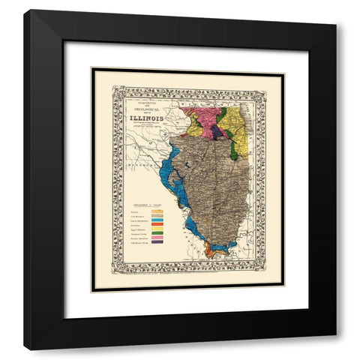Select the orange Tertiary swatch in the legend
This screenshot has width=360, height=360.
157,212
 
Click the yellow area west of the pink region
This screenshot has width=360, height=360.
193,128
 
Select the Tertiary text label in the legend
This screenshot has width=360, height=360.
136,212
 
